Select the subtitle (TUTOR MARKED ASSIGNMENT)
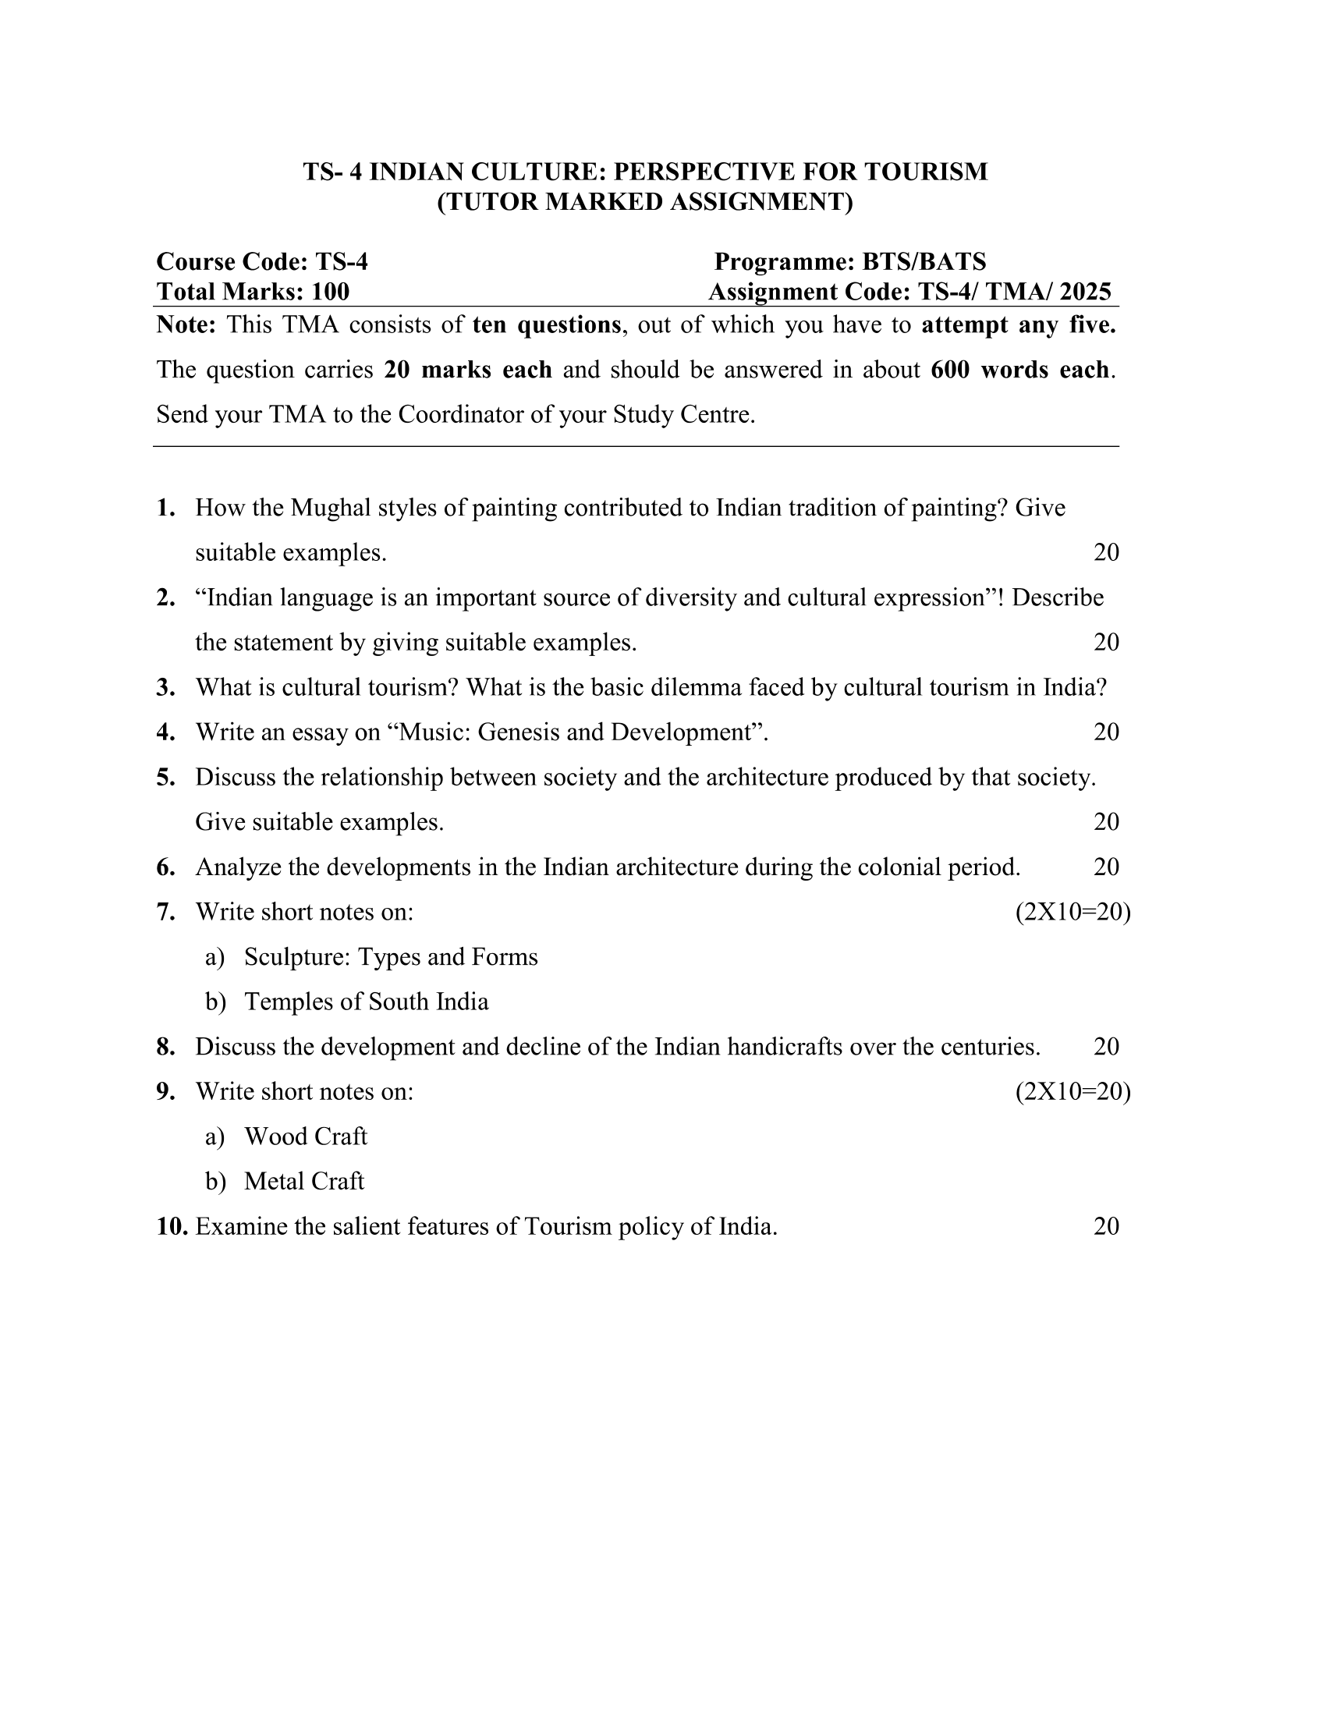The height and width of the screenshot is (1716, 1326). pyautogui.click(x=645, y=202)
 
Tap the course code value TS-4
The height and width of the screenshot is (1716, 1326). pyautogui.click(x=341, y=261)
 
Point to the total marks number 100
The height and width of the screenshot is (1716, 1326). pyautogui.click(x=330, y=292)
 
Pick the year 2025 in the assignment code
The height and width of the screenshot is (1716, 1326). pyautogui.click(x=1085, y=292)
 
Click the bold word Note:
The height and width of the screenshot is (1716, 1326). pyautogui.click(x=186, y=324)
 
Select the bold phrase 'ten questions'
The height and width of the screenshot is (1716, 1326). pyautogui.click(x=547, y=324)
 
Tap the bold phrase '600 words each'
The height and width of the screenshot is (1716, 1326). pyautogui.click(x=1020, y=369)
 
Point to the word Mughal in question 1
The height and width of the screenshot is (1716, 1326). pyautogui.click(x=330, y=508)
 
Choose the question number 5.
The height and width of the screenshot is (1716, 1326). pyautogui.click(x=165, y=777)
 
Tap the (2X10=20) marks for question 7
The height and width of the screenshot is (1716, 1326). pyautogui.click(x=1072, y=913)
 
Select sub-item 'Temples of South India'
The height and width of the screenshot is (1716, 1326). pyautogui.click(x=366, y=1002)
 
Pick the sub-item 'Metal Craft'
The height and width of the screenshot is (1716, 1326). pyautogui.click(x=304, y=1182)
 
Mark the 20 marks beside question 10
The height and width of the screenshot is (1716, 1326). pyautogui.click(x=1106, y=1226)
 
